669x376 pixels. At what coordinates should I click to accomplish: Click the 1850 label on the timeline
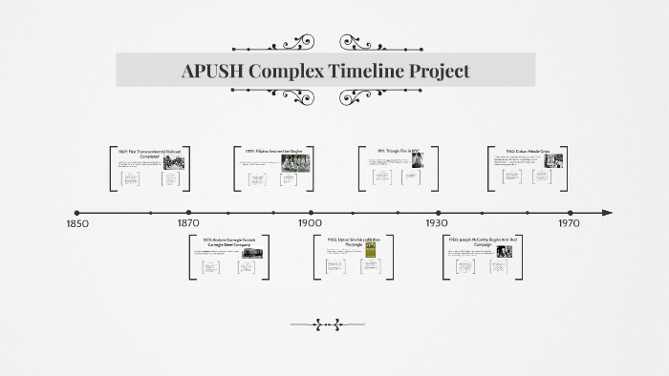(x=76, y=224)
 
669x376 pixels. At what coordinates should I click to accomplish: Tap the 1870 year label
(x=188, y=224)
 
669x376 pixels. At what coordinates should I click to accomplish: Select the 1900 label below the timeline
(x=310, y=224)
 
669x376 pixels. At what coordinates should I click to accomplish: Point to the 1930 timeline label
(x=438, y=224)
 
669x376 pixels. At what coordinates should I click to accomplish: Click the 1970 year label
(x=570, y=224)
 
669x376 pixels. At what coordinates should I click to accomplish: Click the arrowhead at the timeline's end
(x=607, y=213)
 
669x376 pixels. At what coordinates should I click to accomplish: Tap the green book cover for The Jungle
(x=371, y=250)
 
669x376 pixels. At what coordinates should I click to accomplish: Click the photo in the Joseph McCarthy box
(x=504, y=253)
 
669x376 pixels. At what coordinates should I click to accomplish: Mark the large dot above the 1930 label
(x=439, y=213)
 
